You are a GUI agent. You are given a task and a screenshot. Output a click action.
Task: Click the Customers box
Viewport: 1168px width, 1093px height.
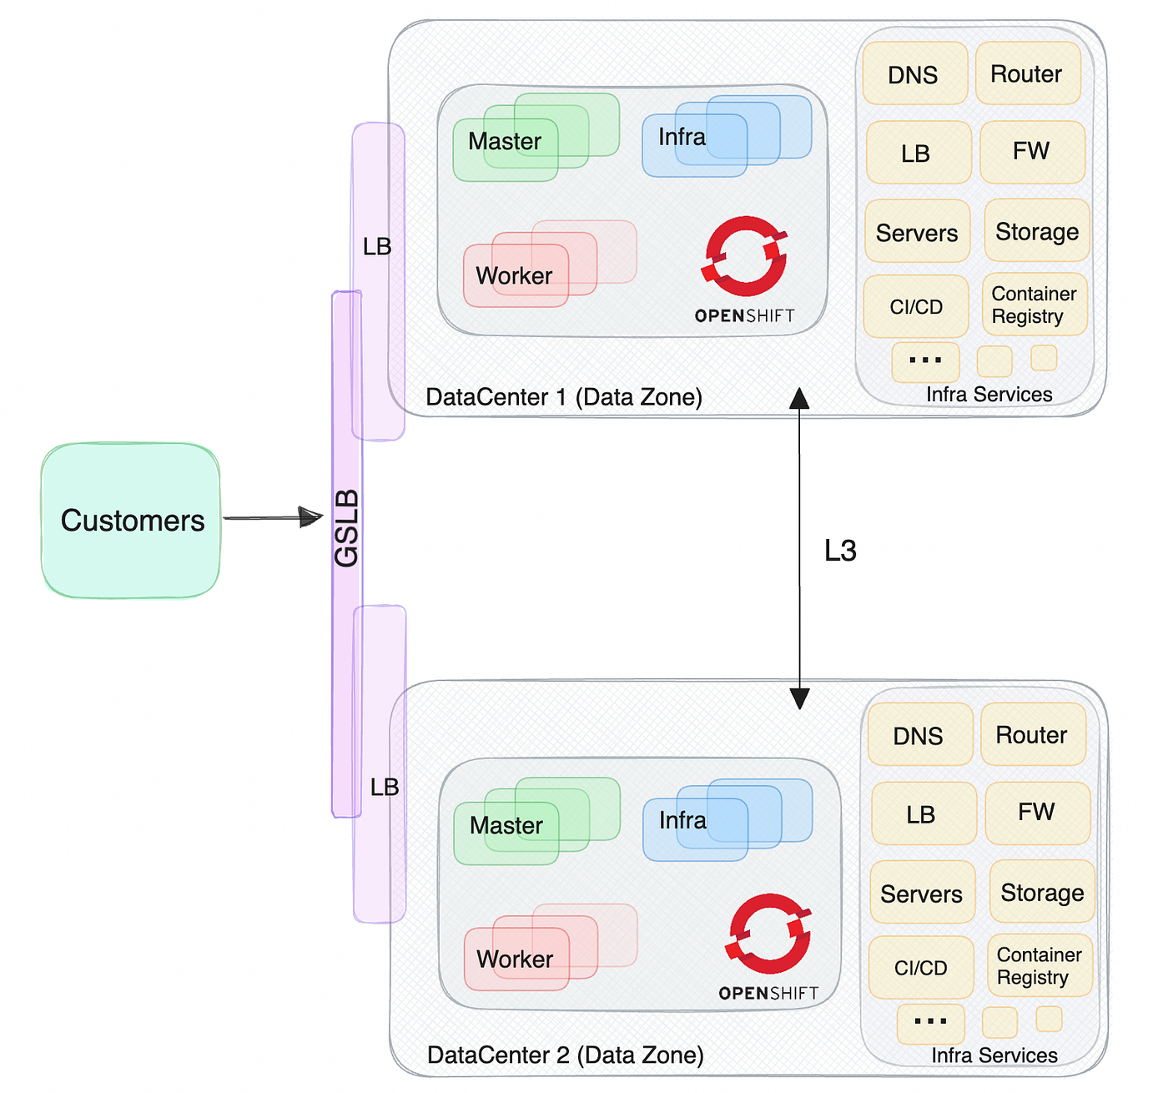130,520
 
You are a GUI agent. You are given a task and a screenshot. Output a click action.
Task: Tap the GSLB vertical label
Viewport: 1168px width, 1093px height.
346,527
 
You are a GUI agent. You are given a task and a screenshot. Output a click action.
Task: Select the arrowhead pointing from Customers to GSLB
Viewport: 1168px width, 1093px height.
310,517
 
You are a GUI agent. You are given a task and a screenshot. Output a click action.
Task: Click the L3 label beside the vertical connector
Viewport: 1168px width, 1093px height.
840,551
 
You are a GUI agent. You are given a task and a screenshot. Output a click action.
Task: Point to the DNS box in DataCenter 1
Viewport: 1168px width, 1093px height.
914,73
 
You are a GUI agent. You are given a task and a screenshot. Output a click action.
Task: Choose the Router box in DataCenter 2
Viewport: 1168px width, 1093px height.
1032,734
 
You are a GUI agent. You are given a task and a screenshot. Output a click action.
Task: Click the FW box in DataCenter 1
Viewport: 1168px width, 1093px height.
1031,152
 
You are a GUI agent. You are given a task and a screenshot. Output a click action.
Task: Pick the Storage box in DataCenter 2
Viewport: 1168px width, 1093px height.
1041,891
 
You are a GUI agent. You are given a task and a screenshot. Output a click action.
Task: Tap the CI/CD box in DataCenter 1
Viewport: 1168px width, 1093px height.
915,306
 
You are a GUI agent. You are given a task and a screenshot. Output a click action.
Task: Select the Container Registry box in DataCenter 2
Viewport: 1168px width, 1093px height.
1040,965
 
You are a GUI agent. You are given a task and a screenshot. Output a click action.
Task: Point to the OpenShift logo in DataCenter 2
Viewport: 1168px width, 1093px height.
768,946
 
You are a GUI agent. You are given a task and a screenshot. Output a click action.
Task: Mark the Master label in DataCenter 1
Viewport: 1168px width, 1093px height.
504,141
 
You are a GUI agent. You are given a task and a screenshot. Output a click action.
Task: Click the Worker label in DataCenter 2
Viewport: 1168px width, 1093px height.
515,959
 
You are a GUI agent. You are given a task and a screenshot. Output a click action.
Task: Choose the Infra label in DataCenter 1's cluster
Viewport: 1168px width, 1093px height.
682,137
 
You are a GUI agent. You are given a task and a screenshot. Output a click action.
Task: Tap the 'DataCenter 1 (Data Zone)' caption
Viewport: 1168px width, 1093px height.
563,397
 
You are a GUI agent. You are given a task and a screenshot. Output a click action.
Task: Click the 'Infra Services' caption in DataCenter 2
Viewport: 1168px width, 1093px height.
994,1055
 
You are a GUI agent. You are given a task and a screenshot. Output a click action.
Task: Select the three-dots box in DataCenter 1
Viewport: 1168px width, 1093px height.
924,361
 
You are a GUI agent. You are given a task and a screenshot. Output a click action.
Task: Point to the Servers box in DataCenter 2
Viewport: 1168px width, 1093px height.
922,893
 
